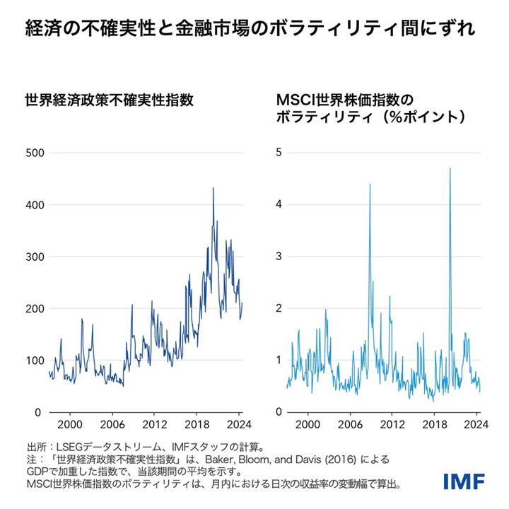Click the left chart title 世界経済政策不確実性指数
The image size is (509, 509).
pos(110,100)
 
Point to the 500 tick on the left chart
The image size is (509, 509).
pos(35,153)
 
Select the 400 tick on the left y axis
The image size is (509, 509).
pos(35,205)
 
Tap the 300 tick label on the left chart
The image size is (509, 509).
pos(35,257)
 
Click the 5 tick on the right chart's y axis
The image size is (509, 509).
pos(279,153)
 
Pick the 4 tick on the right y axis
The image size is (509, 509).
pos(279,205)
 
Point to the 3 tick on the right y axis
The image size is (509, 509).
pos(279,257)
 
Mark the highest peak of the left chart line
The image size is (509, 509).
pos(213,188)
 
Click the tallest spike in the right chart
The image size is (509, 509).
pos(450,168)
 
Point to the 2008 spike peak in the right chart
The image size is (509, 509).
pos(370,185)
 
